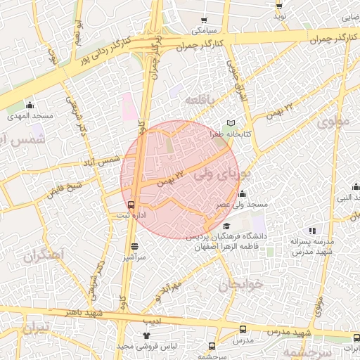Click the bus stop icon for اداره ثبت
coord(131,205)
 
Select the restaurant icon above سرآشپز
coord(134,247)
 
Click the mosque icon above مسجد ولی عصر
coord(243,193)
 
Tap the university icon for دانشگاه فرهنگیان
coord(226,226)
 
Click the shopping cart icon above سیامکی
coord(204,20)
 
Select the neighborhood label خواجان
coord(239,284)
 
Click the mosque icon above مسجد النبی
coord(356,187)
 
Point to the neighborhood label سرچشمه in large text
coord(304,349)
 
